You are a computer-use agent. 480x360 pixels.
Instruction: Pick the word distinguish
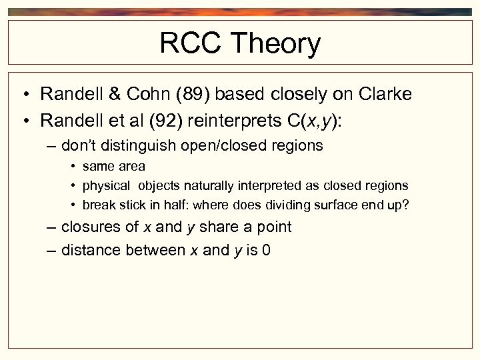pyautogui.click(x=148, y=145)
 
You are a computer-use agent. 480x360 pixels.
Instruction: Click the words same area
pyautogui.click(x=113, y=166)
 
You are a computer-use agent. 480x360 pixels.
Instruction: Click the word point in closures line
pyautogui.click(x=274, y=227)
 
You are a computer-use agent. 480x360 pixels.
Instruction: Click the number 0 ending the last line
pyautogui.click(x=267, y=250)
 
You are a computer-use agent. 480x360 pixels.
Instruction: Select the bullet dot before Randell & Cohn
pyautogui.click(x=25, y=95)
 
